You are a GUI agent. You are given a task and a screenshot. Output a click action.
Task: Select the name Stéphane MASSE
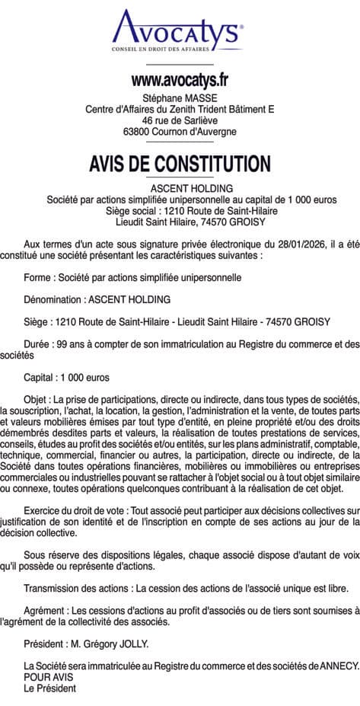click(x=180, y=98)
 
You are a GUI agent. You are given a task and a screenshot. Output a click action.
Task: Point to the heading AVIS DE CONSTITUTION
click(x=180, y=164)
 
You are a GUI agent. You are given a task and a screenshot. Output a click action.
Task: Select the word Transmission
click(x=55, y=589)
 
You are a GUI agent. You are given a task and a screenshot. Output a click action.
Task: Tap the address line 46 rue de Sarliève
click(x=180, y=120)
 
